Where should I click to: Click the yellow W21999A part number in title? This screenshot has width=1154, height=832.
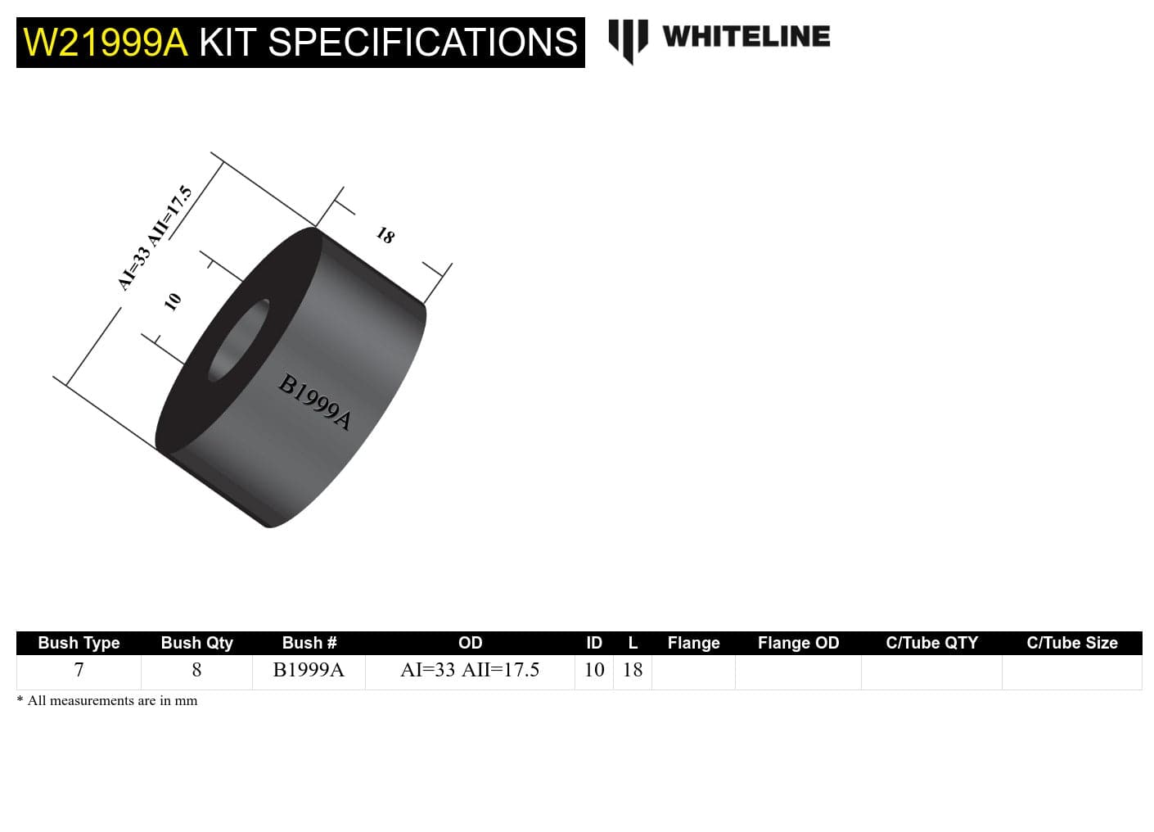[106, 43]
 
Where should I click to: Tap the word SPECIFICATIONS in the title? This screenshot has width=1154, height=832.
[422, 43]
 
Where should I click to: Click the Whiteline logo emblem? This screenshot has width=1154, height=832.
[628, 39]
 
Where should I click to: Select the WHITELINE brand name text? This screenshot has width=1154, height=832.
[746, 37]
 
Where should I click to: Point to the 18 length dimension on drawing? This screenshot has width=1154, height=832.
[385, 236]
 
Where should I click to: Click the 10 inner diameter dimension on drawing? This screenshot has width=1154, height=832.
[172, 301]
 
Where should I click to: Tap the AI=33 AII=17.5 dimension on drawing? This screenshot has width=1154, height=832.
[156, 237]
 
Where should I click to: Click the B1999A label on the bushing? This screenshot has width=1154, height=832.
[315, 401]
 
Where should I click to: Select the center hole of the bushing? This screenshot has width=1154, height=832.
[238, 341]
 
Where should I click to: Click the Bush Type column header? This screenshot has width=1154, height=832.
[79, 643]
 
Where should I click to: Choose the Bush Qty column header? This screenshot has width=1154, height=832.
[196, 643]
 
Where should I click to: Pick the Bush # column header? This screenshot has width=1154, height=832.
[309, 643]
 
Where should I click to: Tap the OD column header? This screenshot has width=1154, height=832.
[470, 643]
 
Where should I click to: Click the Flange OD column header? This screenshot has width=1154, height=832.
[798, 643]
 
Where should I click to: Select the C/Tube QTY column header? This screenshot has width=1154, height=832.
[931, 643]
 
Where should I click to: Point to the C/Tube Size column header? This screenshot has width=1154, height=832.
[1071, 643]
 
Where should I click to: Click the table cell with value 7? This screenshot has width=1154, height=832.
[79, 671]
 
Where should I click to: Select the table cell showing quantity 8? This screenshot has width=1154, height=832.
[196, 671]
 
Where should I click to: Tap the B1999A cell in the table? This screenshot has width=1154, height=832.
[309, 671]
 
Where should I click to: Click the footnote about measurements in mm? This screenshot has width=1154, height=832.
[107, 701]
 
